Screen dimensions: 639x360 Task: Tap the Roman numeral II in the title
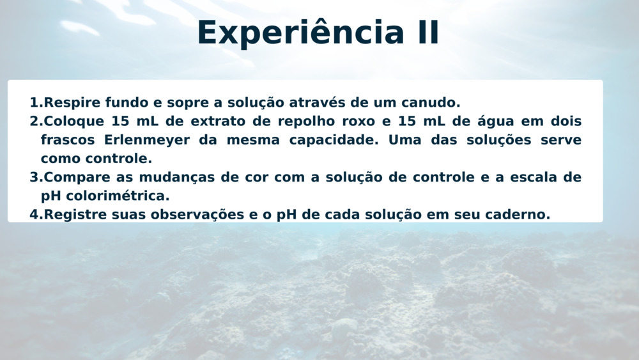428,33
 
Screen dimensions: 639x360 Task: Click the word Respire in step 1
72,102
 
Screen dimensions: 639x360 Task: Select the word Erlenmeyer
147,140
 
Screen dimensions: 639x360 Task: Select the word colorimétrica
118,196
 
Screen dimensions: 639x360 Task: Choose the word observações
197,214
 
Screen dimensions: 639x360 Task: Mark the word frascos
68,140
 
